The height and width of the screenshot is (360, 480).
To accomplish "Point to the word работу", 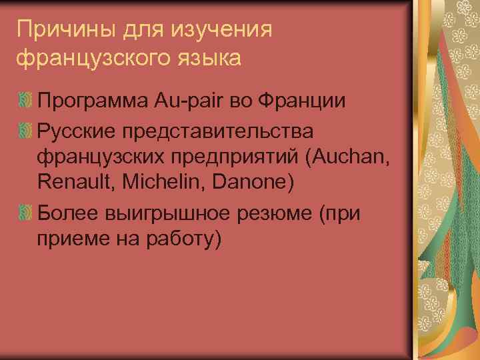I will (181, 238).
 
